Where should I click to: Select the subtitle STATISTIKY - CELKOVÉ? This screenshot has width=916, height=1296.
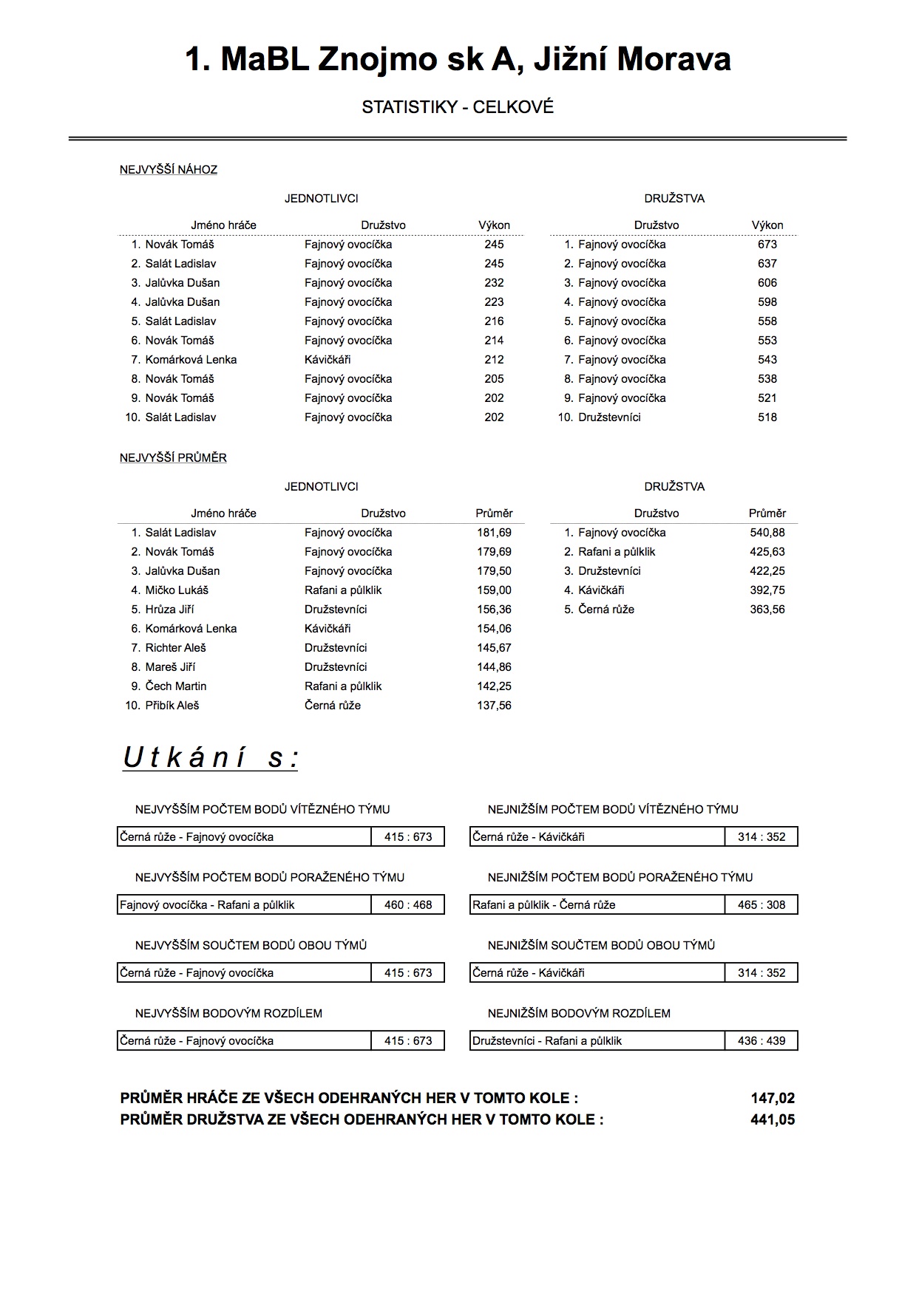tap(458, 107)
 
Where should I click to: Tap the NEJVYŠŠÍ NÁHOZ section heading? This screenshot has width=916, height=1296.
tap(169, 170)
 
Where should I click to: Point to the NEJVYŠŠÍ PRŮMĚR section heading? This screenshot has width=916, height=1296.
tap(173, 458)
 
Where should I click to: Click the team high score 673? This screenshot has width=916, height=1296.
tap(767, 245)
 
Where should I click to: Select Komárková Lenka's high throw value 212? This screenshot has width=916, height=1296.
tap(494, 360)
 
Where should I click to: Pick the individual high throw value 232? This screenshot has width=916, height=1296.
tap(494, 283)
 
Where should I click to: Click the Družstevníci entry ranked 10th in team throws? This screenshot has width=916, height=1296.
tap(609, 417)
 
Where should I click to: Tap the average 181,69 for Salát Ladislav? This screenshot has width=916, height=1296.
tap(494, 533)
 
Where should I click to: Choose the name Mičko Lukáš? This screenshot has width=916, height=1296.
tap(177, 590)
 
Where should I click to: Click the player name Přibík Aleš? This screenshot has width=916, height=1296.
tap(172, 706)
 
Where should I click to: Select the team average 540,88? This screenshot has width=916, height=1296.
tap(767, 533)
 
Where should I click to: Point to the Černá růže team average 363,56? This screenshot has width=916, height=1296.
tap(767, 610)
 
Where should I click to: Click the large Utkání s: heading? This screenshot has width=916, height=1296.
tap(211, 758)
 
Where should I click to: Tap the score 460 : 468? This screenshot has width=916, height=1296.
tap(408, 905)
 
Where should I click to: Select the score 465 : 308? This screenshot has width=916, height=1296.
tap(761, 905)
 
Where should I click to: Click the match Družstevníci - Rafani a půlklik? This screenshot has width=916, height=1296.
tap(547, 1041)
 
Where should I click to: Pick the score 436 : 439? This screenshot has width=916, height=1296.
tap(761, 1041)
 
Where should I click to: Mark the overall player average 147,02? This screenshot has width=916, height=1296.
tap(773, 1099)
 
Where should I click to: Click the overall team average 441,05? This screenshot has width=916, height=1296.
tap(773, 1119)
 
